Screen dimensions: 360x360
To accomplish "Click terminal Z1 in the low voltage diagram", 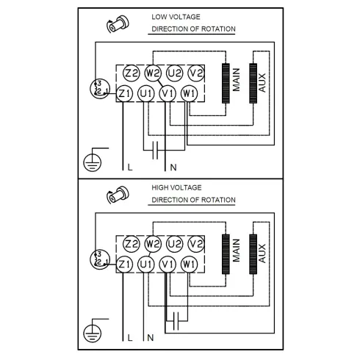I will (x=125, y=93).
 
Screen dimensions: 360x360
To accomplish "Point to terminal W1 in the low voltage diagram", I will (x=189, y=93).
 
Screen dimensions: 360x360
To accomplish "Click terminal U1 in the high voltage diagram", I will (x=146, y=264).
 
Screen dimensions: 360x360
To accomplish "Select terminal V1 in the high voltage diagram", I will (x=168, y=264).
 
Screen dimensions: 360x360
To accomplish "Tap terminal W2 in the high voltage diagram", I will (x=154, y=243).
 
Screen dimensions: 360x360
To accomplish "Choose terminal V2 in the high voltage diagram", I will (x=195, y=243).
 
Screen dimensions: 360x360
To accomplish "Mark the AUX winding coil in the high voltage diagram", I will (x=253, y=250).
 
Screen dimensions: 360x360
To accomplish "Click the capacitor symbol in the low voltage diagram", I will (x=154, y=153).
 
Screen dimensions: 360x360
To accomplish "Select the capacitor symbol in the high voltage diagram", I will (x=175, y=320).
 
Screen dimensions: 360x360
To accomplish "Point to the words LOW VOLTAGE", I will (x=175, y=16).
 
